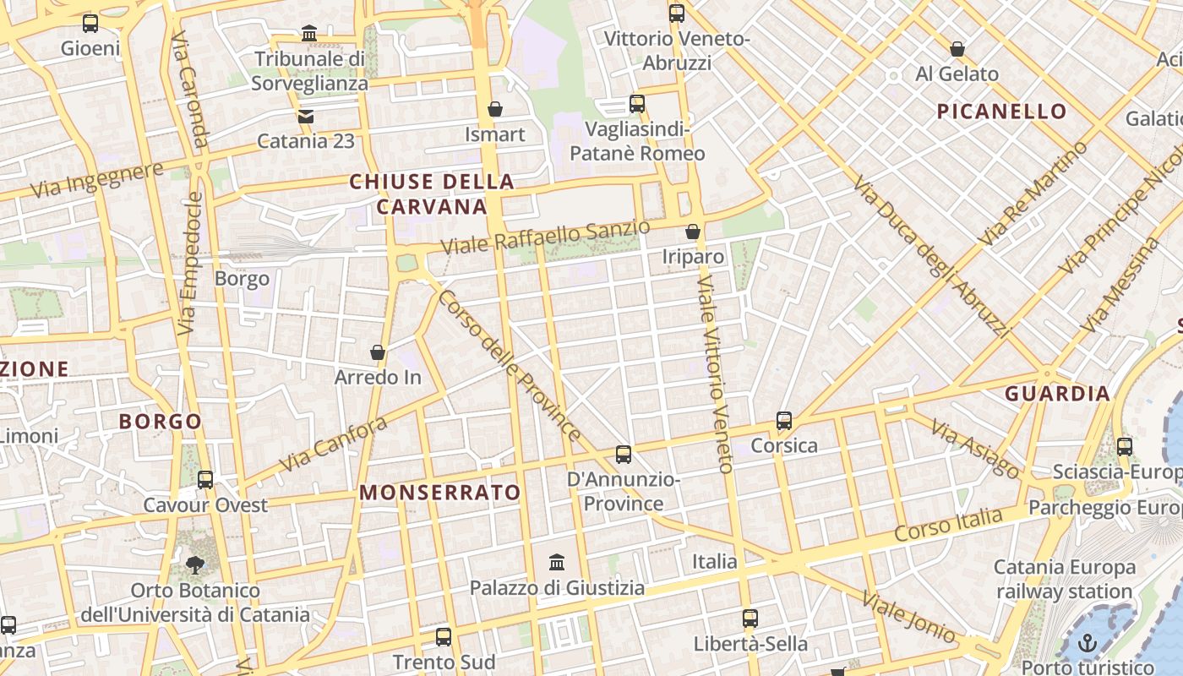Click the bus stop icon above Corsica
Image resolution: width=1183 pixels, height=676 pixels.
pyautogui.click(x=784, y=420)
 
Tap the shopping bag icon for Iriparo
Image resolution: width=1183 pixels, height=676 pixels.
pyautogui.click(x=693, y=232)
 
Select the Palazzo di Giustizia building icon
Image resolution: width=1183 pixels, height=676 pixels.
pyautogui.click(x=557, y=562)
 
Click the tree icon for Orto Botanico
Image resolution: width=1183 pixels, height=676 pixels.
pyautogui.click(x=195, y=564)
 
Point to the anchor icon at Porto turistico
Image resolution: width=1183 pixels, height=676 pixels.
pyautogui.click(x=1088, y=644)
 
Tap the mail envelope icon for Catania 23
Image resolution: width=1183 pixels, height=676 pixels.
pyautogui.click(x=306, y=116)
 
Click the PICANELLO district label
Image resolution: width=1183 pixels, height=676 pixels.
pyautogui.click(x=1001, y=112)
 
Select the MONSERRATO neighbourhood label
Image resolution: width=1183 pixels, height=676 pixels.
pyautogui.click(x=440, y=493)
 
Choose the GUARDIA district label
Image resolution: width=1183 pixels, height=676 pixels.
pyautogui.click(x=1057, y=394)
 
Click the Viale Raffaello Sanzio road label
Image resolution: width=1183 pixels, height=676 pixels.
pyautogui.click(x=546, y=237)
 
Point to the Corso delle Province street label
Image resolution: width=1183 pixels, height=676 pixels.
pyautogui.click(x=509, y=366)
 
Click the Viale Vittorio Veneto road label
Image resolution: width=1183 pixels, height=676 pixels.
pyautogui.click(x=713, y=372)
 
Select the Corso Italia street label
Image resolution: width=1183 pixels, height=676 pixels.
pyautogui.click(x=948, y=525)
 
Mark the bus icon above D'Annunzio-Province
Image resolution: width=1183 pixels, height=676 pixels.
pyautogui.click(x=624, y=455)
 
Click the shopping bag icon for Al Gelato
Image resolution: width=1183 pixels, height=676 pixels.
pyautogui.click(x=957, y=49)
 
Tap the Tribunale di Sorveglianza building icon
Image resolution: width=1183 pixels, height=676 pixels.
pyautogui.click(x=309, y=34)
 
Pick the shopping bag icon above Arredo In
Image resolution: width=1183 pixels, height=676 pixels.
pyautogui.click(x=378, y=352)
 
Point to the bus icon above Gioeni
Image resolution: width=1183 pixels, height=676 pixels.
pyautogui.click(x=90, y=24)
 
